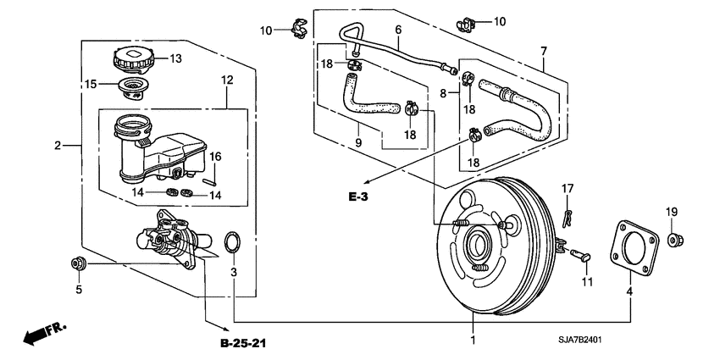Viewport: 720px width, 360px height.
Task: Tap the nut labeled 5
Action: [x=78, y=264]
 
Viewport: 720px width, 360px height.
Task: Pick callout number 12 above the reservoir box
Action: [x=226, y=80]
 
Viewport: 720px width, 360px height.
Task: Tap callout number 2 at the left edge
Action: [x=58, y=146]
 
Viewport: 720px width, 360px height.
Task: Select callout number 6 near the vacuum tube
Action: [x=397, y=30]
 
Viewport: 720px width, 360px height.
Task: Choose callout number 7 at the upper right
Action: [x=543, y=52]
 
